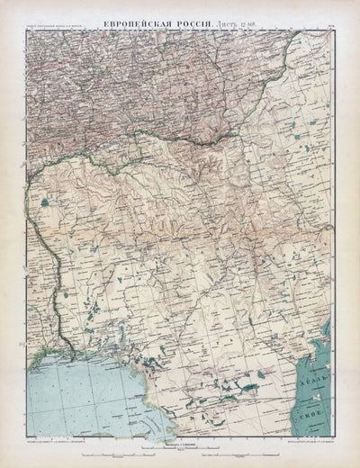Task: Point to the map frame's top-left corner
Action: coord(27,31)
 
